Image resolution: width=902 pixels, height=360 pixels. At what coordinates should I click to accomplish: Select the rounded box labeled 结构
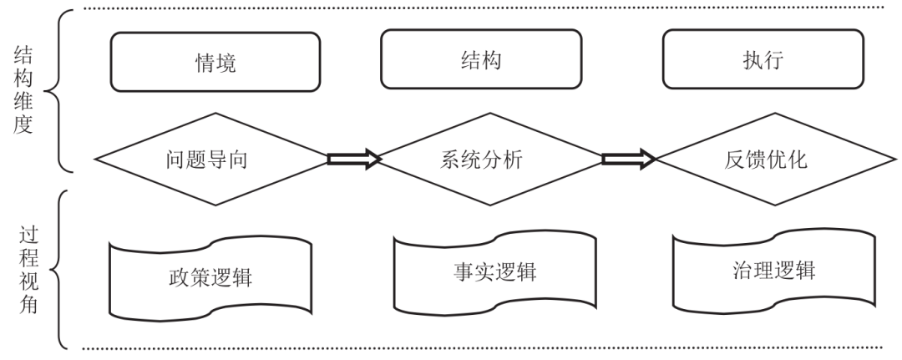[x=481, y=60]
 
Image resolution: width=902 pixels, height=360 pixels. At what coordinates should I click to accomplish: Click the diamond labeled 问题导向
[x=210, y=159]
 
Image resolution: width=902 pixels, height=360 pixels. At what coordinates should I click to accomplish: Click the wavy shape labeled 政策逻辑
[x=210, y=278]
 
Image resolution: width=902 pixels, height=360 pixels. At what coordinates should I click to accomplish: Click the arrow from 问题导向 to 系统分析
[x=354, y=159]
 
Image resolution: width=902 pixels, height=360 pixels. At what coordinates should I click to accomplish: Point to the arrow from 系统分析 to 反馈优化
[x=628, y=159]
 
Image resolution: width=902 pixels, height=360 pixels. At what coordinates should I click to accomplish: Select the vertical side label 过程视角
[x=24, y=266]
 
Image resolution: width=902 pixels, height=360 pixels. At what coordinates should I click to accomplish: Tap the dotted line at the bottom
[x=484, y=347]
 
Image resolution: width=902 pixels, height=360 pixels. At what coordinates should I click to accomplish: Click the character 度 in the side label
[x=24, y=132]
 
